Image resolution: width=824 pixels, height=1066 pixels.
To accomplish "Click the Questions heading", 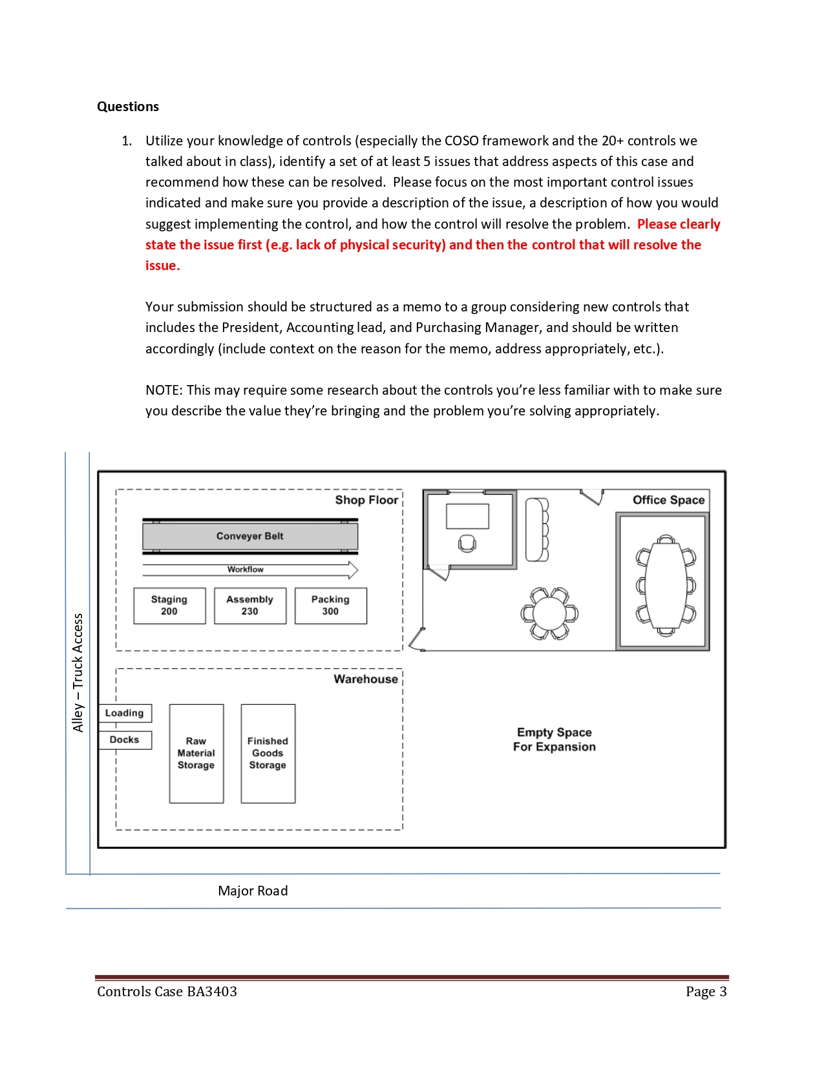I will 128,107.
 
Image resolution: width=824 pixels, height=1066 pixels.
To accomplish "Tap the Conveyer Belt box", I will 250,536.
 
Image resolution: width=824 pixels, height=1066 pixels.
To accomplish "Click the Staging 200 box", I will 169,605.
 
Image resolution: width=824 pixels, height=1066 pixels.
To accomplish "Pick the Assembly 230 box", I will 250,605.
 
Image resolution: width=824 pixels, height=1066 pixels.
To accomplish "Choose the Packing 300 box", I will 330,605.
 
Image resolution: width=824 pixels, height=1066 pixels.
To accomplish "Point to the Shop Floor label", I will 366,500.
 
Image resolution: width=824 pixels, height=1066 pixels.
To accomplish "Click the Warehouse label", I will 366,679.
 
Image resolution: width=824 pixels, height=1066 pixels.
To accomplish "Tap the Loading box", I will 125,713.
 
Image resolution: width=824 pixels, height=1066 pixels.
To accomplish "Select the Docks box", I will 125,740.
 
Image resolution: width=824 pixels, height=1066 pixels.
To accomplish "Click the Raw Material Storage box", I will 196,753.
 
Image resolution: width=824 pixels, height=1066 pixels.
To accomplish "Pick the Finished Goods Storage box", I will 268,753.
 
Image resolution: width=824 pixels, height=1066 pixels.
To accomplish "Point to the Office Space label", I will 668,500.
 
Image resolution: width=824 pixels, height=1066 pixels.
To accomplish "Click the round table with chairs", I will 549,613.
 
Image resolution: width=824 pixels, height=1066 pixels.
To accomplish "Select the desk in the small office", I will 467,517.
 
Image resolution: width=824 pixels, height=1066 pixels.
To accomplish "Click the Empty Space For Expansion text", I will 554,740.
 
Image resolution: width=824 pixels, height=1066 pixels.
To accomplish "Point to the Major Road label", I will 253,891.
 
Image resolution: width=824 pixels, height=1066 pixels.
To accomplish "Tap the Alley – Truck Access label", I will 78,673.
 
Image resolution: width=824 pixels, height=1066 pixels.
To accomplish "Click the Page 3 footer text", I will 706,992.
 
